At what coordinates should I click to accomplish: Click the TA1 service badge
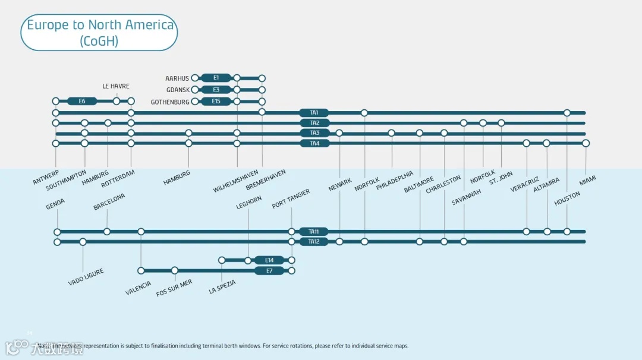tap(314, 113)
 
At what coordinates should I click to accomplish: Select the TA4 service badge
tap(314, 143)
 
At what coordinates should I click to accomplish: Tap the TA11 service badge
tap(314, 232)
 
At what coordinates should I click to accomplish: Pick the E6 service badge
tap(82, 101)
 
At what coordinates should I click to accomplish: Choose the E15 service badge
tap(216, 102)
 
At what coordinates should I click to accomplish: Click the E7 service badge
tap(269, 271)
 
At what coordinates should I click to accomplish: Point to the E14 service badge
tap(269, 260)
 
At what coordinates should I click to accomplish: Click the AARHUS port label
tap(177, 78)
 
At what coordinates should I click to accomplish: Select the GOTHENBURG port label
tap(170, 102)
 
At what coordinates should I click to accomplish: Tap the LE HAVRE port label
tap(116, 86)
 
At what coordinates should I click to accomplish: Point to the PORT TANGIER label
tap(291, 199)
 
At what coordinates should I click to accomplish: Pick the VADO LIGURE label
tap(86, 277)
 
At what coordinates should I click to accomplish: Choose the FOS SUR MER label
tap(174, 288)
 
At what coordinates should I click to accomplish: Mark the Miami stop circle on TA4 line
tap(586, 143)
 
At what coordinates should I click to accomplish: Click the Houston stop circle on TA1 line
tap(567, 113)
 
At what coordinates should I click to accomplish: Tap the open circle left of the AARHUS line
tap(195, 78)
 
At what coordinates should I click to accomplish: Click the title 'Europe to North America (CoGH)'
tap(100, 33)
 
